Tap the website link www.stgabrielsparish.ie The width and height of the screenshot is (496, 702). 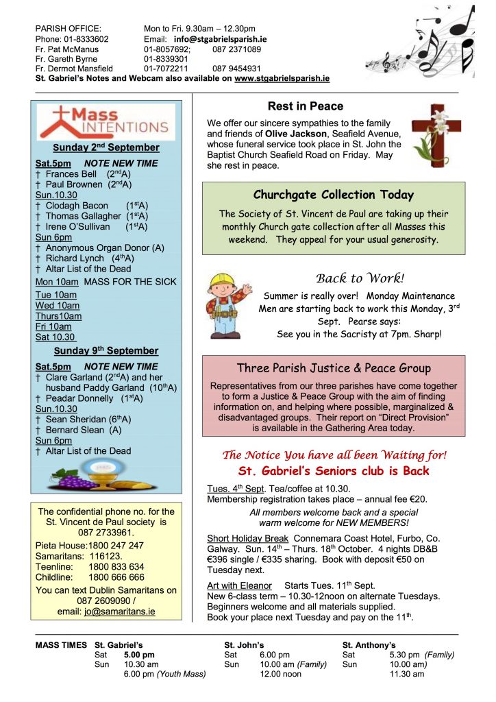coord(282,78)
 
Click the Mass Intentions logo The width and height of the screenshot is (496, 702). coord(106,122)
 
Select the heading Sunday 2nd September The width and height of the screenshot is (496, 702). coord(106,147)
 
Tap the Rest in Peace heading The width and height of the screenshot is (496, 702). coord(305,106)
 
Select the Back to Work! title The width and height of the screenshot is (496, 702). coord(360,278)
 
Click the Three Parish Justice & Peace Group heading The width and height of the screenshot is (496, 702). coord(334,368)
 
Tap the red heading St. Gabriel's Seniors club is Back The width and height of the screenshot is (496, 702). coord(334,471)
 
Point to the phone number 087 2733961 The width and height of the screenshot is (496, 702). coord(106,533)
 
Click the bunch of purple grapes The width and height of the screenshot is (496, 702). coord(75,481)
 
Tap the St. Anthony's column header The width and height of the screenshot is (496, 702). coord(369,644)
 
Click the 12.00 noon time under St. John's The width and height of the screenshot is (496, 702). coord(280,674)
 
